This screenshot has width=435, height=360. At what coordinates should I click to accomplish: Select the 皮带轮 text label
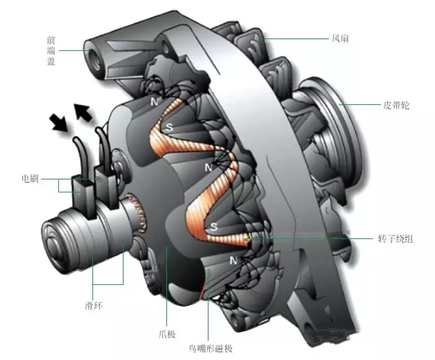click(x=397, y=106)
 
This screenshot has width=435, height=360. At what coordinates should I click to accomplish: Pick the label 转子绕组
click(x=399, y=238)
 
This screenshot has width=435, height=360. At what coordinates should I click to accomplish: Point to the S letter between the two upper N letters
click(x=169, y=127)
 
